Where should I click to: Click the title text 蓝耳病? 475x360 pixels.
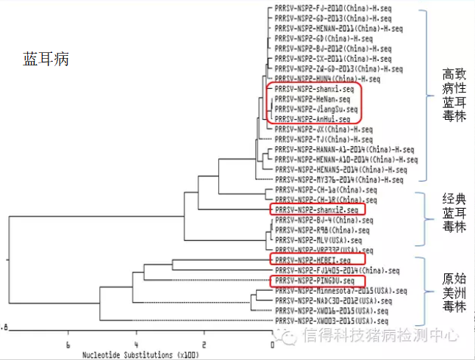tap(46, 60)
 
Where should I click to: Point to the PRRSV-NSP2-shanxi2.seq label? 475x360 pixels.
tap(316, 210)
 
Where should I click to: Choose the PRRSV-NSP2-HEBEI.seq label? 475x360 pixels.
tap(310, 260)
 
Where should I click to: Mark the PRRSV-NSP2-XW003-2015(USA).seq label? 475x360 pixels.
tap(331, 321)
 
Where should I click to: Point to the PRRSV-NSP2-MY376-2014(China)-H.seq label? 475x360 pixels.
tap(339, 179)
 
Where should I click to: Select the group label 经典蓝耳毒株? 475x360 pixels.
tap(454, 213)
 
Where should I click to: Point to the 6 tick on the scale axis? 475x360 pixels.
tap(68, 345)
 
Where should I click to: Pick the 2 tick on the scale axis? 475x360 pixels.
tap(204, 345)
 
